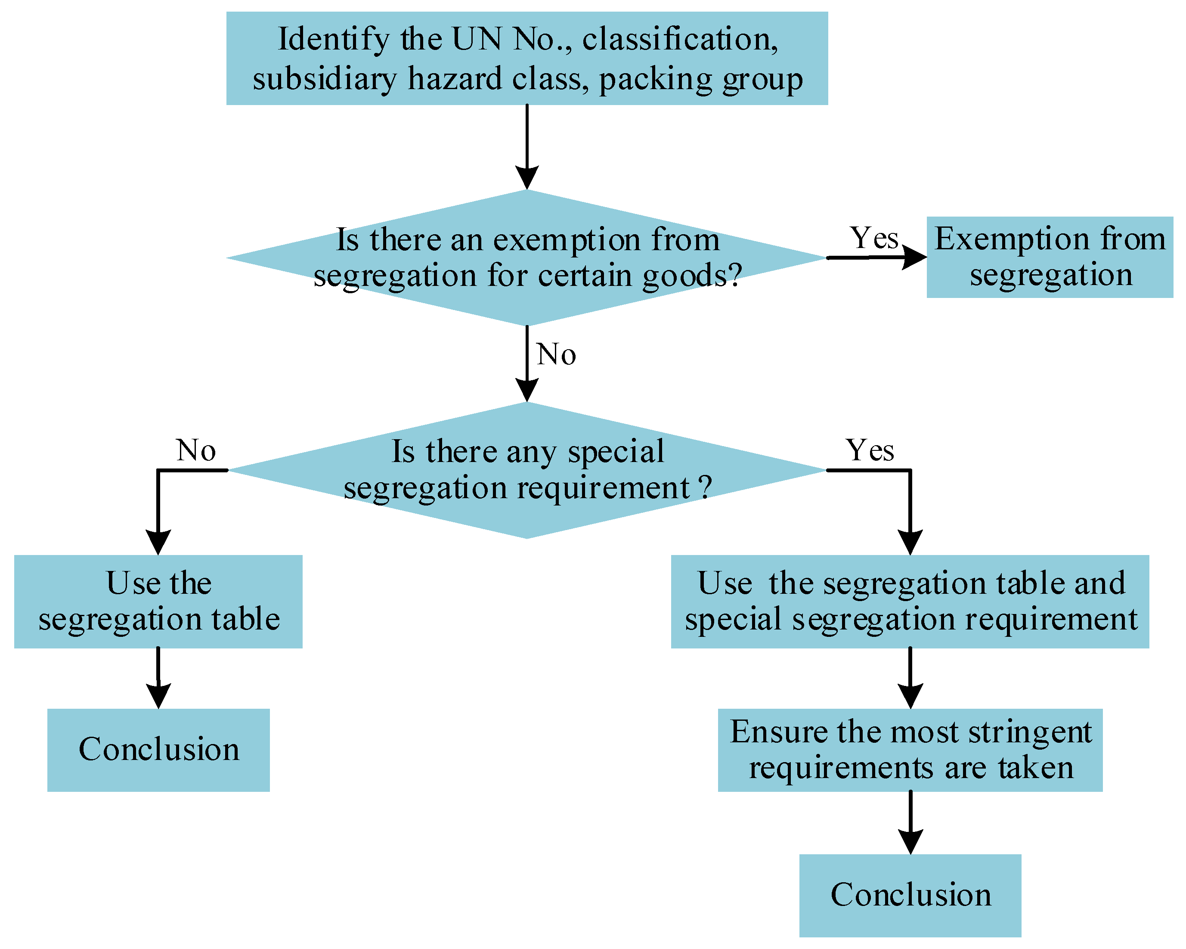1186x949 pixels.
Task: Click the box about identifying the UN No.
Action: pyautogui.click(x=526, y=58)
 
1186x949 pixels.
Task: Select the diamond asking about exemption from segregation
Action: pyautogui.click(x=526, y=257)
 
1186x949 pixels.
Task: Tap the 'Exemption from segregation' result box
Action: pyautogui.click(x=1050, y=257)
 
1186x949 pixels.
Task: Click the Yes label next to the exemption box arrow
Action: pyautogui.click(x=873, y=238)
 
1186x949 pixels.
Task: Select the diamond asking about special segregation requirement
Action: pyautogui.click(x=526, y=470)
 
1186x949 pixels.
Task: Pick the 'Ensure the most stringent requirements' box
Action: pyautogui.click(x=910, y=749)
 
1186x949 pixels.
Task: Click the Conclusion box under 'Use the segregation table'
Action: pyautogui.click(x=158, y=749)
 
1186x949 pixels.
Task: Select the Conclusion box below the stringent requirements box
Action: pyautogui.click(x=910, y=895)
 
